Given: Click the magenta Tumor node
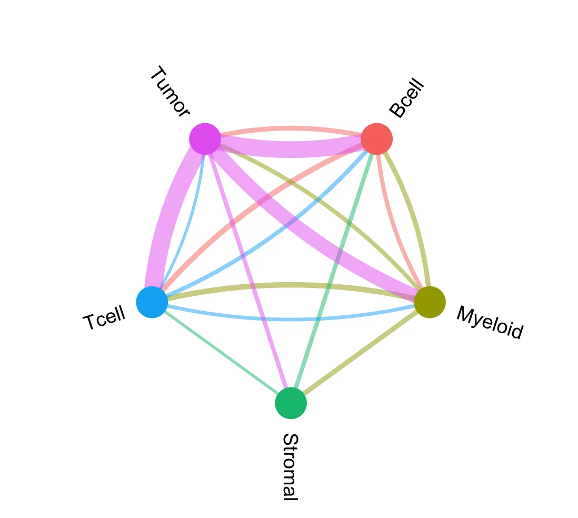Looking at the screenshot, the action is tap(205, 139).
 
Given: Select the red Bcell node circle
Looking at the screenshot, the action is tap(376, 139).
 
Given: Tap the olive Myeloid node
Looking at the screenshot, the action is tap(430, 302).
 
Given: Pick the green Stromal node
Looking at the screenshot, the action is tap(291, 403).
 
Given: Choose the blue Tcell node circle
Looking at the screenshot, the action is tap(152, 302).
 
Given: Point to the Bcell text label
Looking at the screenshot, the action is tap(406, 98).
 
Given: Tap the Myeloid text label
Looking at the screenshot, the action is tap(490, 322).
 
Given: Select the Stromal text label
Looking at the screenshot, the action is tap(290, 466).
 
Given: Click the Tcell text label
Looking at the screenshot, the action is tap(104, 318).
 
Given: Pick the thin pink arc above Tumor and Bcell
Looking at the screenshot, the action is tap(291, 128).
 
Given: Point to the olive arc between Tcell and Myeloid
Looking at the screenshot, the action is tap(291, 285).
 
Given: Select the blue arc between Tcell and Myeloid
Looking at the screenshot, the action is tap(291, 318).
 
